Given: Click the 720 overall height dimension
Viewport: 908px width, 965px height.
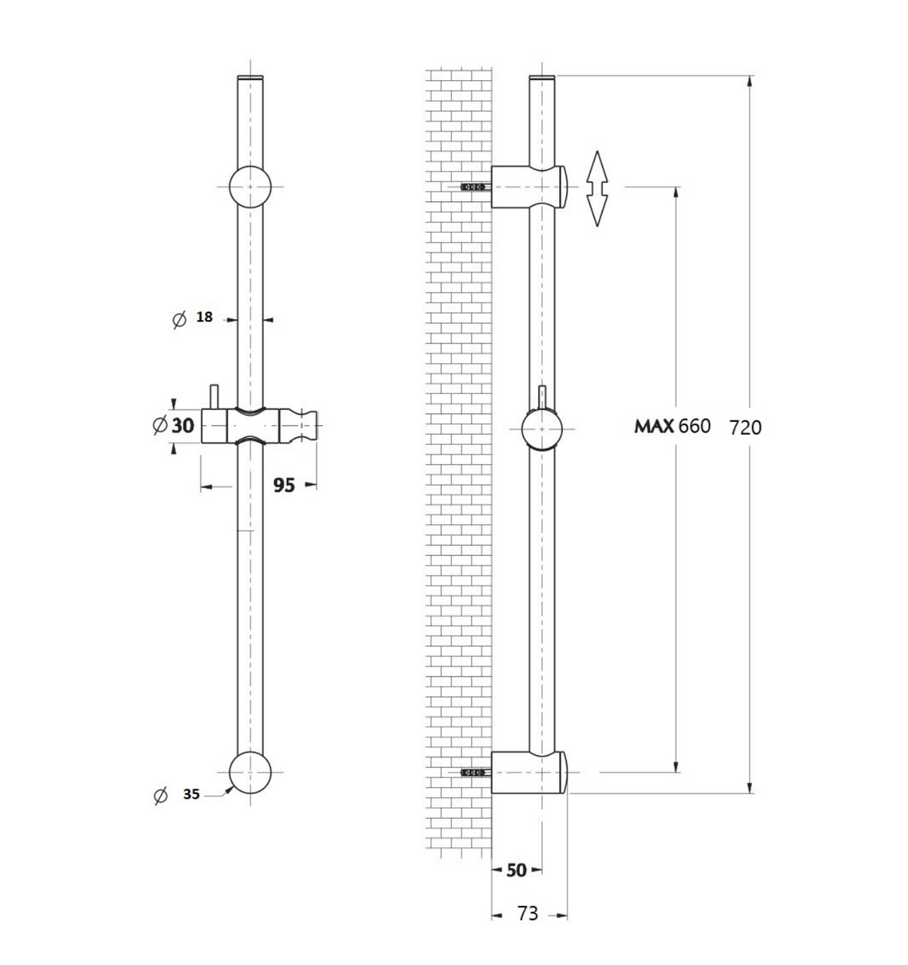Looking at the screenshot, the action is coord(745,427).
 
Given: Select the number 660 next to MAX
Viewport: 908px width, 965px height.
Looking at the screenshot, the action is coord(695,426).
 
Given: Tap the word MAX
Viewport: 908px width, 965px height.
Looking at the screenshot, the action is coord(654,426).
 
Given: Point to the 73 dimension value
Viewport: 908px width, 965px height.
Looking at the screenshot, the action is coord(527,914).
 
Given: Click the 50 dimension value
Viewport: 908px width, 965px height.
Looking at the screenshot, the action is coord(516,870).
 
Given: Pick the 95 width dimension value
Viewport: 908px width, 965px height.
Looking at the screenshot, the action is coord(284,485).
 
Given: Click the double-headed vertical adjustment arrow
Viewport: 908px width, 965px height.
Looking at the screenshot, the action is coord(597,188).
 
